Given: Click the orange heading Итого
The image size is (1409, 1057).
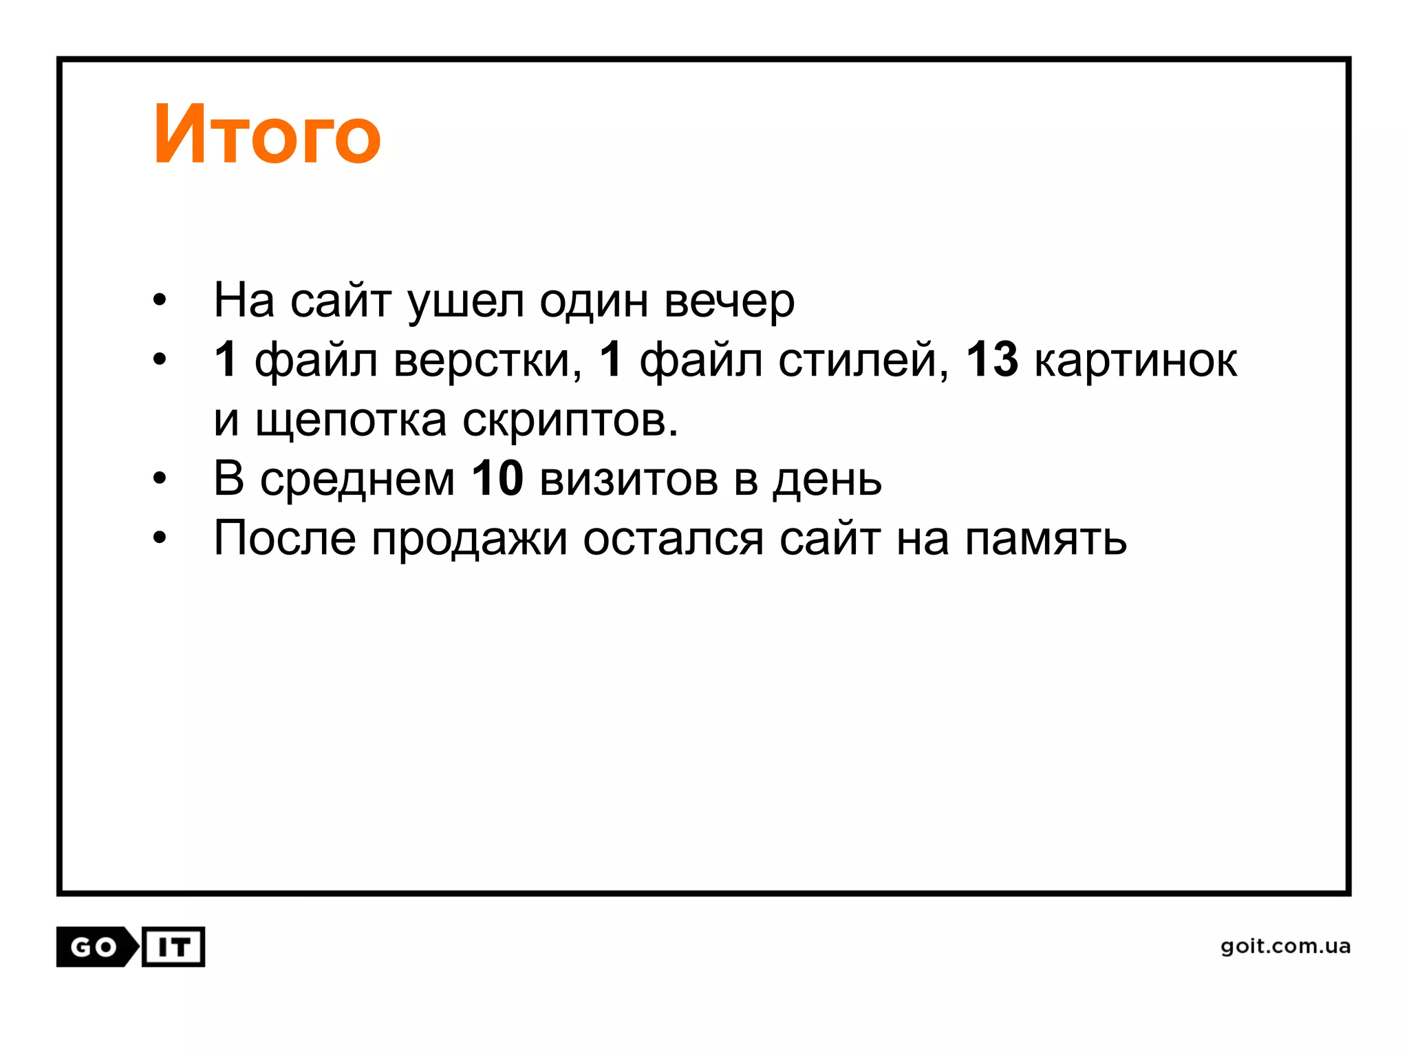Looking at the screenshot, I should click(x=267, y=135).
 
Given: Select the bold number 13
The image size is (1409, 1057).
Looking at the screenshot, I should click(x=991, y=359).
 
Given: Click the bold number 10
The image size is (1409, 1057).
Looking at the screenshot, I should click(x=497, y=478).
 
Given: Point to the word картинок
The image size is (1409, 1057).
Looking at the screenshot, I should click(x=1135, y=361).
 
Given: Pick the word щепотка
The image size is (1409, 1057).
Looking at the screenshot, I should click(x=351, y=420).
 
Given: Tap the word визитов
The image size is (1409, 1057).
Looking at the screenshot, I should click(x=629, y=478).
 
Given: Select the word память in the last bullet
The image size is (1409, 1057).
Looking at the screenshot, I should click(x=1046, y=538).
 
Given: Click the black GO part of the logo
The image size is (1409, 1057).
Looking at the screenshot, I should click(x=94, y=948).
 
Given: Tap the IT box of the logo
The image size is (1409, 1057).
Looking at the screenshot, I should click(x=173, y=948).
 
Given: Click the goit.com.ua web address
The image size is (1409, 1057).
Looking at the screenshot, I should click(x=1285, y=946).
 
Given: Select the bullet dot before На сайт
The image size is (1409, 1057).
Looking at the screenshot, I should click(x=160, y=301).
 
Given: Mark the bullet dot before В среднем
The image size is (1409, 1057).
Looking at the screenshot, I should click(x=160, y=478).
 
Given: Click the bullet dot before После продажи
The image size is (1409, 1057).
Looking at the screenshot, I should click(x=160, y=538).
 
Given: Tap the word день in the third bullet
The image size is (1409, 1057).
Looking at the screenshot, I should click(x=827, y=480).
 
